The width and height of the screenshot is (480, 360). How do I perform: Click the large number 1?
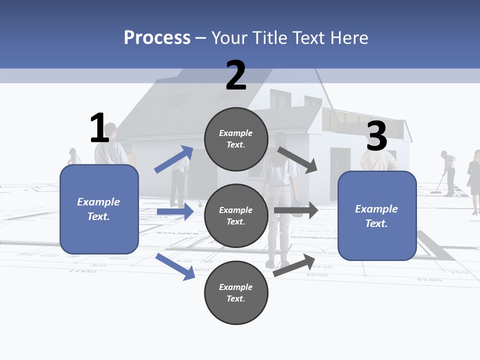pos(99,128)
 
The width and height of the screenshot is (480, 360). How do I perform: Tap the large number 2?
pos(236,75)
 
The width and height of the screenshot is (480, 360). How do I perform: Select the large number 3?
pos(376,136)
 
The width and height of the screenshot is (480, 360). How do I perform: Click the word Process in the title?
pos(157,37)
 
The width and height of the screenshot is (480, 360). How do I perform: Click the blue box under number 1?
pos(99,209)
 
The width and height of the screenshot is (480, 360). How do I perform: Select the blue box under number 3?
pos(377,215)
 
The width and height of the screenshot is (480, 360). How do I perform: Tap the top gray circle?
pos(236,138)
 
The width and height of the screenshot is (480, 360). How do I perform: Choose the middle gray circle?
pos(236,215)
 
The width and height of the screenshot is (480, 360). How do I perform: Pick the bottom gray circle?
pos(236,292)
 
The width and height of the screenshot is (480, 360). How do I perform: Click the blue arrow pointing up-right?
pos(174,159)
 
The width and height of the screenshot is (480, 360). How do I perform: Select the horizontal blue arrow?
pos(175,212)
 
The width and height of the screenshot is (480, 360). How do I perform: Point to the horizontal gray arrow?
pos(295,210)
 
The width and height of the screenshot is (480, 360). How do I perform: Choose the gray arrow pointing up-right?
pos(294,265)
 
